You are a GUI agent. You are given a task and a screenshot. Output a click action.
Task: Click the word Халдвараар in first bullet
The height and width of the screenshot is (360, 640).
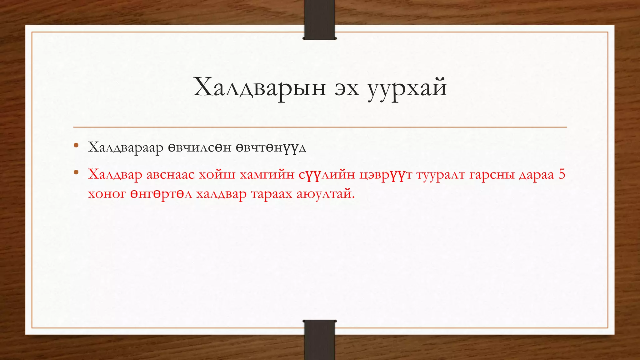coord(126,147)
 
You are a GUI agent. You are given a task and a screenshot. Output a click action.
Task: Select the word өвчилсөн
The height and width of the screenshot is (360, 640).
coord(199,147)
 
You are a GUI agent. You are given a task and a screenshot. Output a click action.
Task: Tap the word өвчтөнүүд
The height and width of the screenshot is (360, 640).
coord(271,147)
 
